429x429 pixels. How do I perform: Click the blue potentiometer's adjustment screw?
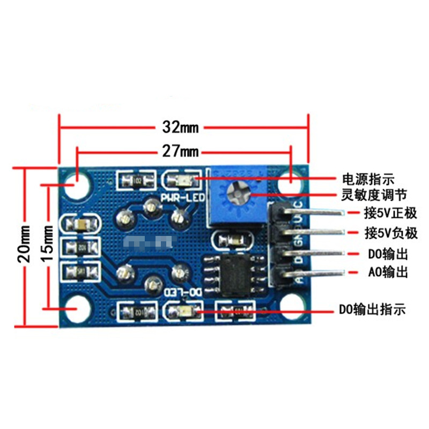[236, 191]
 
